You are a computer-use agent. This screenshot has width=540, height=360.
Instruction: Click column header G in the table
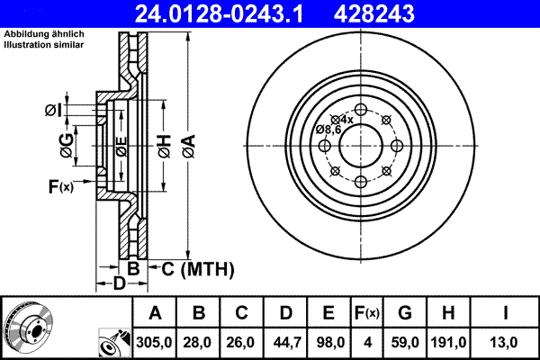tap(404, 312)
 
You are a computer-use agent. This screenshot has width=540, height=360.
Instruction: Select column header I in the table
tap(508, 312)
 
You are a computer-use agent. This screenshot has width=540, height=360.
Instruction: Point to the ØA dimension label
tap(187, 146)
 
